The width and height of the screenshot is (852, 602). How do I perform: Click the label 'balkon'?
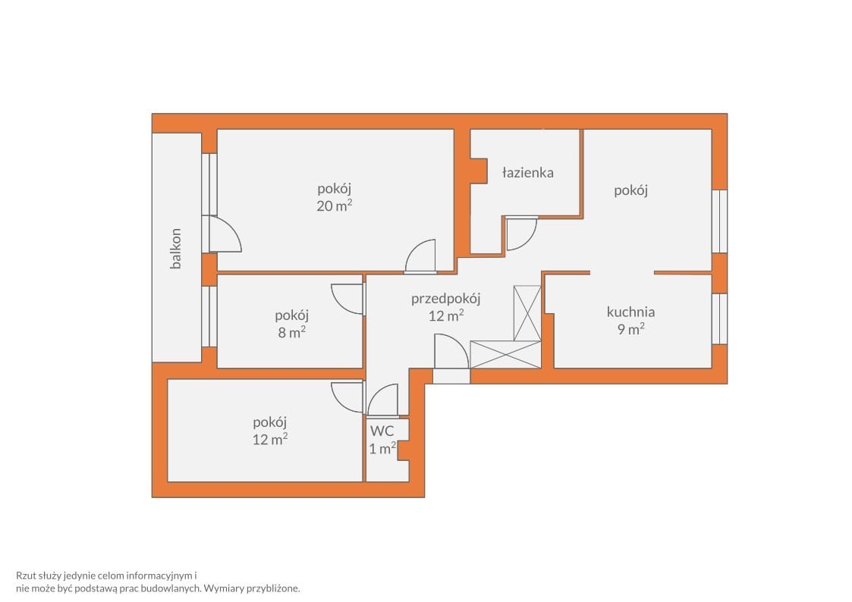click(x=175, y=249)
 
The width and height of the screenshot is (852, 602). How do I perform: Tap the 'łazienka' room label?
click(x=527, y=173)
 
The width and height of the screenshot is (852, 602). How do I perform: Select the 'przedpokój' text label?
click(x=445, y=299)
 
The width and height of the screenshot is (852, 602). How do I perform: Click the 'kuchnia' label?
click(x=631, y=312)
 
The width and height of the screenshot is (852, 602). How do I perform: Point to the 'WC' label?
click(x=382, y=431)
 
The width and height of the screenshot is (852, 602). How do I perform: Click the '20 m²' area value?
click(x=334, y=205)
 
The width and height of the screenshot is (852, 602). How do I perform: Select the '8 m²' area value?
click(x=292, y=332)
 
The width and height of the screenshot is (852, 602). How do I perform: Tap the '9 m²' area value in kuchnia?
click(x=631, y=329)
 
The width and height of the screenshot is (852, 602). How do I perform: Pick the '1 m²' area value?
click(x=382, y=448)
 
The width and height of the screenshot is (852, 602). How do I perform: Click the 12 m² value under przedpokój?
click(x=446, y=315)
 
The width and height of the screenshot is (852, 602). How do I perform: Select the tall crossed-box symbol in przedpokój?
click(x=527, y=313)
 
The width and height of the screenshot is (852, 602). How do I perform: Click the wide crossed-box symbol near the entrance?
click(x=505, y=355)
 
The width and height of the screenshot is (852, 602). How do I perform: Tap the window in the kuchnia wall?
click(x=719, y=318)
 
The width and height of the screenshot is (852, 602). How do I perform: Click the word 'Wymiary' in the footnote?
click(x=223, y=588)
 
